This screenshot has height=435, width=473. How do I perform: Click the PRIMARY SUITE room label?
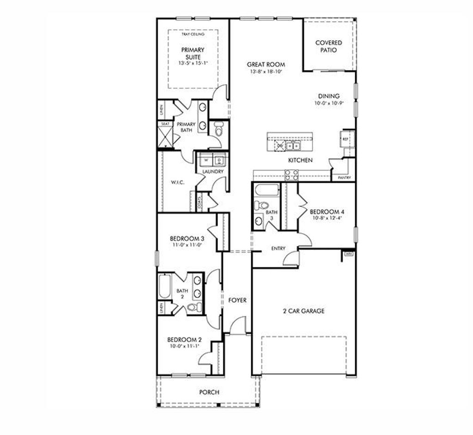(193, 53)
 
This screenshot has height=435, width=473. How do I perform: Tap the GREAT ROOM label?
(266, 65)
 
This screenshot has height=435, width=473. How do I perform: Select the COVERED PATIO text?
(328, 46)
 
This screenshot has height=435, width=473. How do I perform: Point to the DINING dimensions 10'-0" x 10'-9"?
(328, 103)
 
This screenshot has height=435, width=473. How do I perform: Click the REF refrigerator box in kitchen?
(345, 139)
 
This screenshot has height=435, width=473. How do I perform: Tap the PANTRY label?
(344, 177)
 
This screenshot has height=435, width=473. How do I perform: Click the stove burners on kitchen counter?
(292, 175)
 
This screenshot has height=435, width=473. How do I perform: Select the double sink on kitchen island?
(292, 146)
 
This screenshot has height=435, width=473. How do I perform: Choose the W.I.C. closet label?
(178, 182)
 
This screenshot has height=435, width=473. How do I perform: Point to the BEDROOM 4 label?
(327, 212)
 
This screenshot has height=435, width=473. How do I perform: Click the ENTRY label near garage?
(278, 248)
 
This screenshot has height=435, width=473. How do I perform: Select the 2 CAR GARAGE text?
(303, 311)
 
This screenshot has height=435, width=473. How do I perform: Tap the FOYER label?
(237, 300)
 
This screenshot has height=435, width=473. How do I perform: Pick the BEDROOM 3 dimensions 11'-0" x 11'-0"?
(187, 245)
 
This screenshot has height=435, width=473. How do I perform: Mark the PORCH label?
(209, 392)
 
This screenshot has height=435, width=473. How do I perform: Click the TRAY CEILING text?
(193, 34)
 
